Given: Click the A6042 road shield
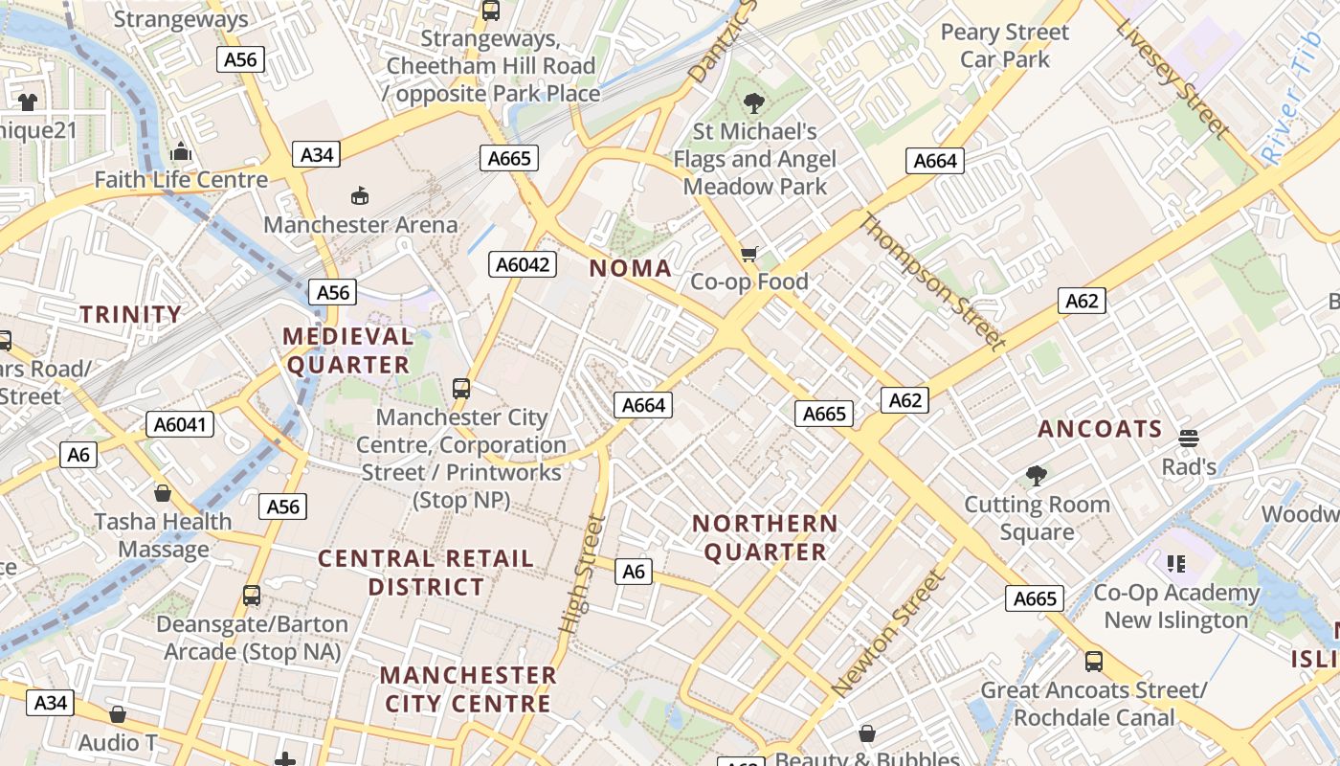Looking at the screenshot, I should [x=523, y=264].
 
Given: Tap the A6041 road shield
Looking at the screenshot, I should [x=181, y=423].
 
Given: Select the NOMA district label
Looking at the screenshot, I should [x=631, y=268].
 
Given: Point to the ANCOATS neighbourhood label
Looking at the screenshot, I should [x=1100, y=429].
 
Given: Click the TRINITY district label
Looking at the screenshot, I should [x=130, y=314].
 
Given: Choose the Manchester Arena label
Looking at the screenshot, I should [x=361, y=225].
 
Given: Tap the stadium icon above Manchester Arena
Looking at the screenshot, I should [x=360, y=196].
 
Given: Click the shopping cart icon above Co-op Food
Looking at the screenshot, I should [x=749, y=254].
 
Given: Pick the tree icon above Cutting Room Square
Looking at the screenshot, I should [x=1036, y=475].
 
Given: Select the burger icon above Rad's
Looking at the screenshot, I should [x=1189, y=439].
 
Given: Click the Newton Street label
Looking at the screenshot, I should [x=889, y=633].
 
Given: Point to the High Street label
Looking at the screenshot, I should [x=582, y=574].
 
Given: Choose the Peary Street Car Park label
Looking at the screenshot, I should [x=1004, y=46].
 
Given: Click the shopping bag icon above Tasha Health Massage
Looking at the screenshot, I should [x=163, y=493].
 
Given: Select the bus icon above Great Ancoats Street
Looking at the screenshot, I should [x=1093, y=661].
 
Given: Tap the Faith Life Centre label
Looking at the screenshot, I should [x=181, y=179].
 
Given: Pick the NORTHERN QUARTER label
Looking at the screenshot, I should [x=765, y=537].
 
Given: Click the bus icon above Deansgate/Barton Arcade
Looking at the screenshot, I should [x=252, y=596].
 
